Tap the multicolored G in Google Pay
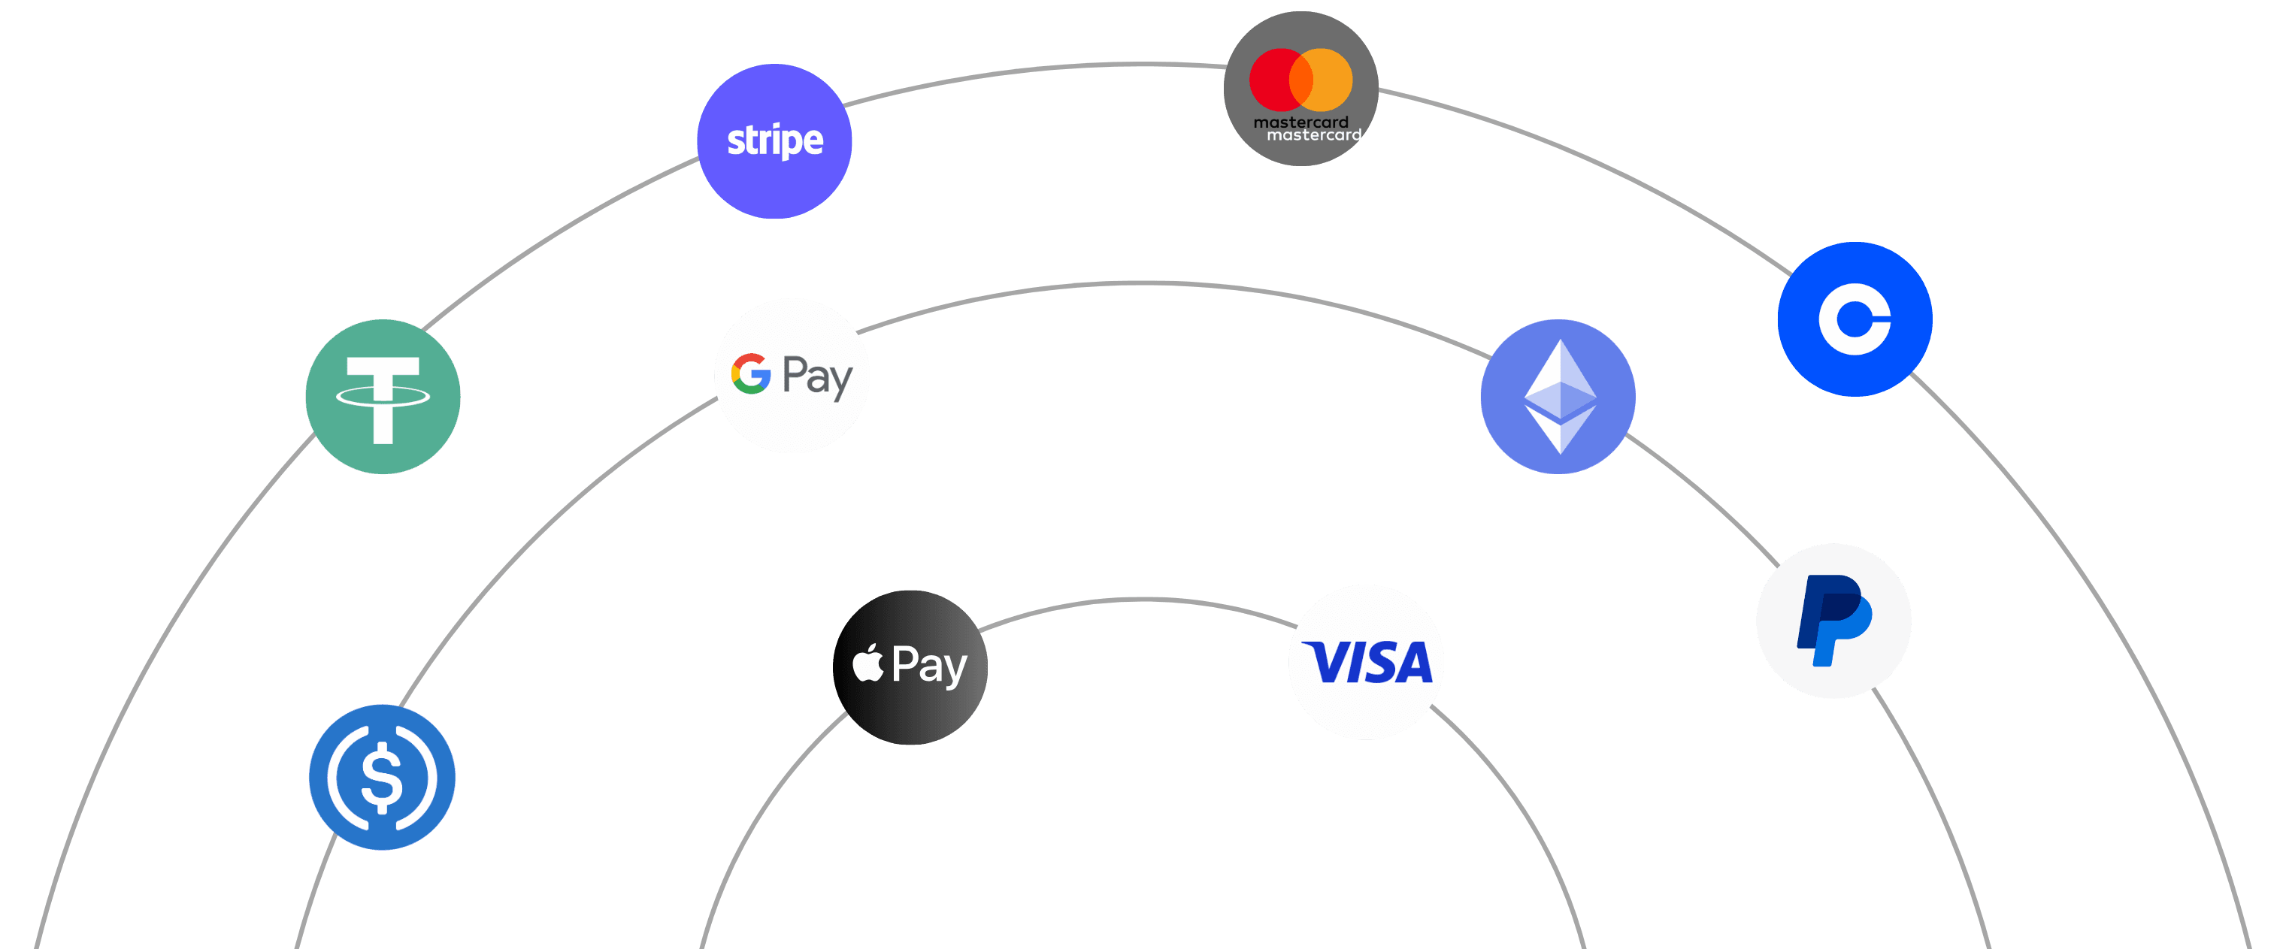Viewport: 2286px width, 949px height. [751, 373]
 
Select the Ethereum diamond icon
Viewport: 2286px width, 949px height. [1559, 397]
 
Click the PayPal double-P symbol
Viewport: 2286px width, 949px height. [1833, 620]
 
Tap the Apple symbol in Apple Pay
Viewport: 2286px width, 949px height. [868, 663]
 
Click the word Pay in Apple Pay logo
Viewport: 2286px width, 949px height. [929, 665]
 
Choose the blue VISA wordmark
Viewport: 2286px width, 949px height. [1367, 663]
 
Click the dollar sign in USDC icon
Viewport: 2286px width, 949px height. [383, 778]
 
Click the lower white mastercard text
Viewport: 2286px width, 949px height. [1313, 134]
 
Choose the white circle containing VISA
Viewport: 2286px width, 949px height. [1366, 709]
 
